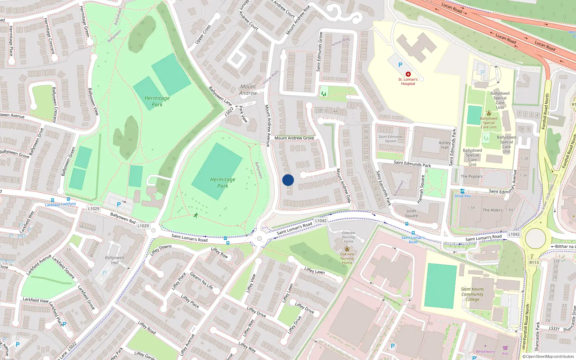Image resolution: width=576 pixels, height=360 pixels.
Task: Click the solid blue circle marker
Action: (288, 180)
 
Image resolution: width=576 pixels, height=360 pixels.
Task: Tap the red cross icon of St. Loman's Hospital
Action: (408, 74)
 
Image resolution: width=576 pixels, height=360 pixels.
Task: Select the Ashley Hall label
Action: (445, 145)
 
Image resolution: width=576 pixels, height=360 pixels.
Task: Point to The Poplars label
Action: (471, 176)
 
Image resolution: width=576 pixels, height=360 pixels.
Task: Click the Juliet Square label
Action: (411, 213)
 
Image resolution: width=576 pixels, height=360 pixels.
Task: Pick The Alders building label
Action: (492, 210)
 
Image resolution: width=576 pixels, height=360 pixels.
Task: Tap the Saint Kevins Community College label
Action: (472, 294)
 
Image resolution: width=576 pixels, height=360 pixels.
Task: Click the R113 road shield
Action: (534, 262)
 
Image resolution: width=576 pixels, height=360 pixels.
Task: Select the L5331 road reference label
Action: (554, 328)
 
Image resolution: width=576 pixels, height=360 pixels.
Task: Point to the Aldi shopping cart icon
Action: (505, 348)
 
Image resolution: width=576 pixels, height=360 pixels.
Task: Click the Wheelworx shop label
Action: (485, 352)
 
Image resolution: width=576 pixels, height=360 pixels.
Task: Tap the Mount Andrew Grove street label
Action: (294, 138)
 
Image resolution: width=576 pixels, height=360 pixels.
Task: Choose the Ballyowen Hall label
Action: (114, 260)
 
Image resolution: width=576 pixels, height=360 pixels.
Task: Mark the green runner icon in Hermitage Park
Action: (196, 215)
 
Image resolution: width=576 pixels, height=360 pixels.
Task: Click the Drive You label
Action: (463, 196)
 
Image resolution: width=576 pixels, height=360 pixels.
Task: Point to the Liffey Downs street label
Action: (161, 250)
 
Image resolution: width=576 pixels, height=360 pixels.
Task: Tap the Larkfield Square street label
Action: (63, 267)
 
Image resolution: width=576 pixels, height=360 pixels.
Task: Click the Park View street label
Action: (244, 114)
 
